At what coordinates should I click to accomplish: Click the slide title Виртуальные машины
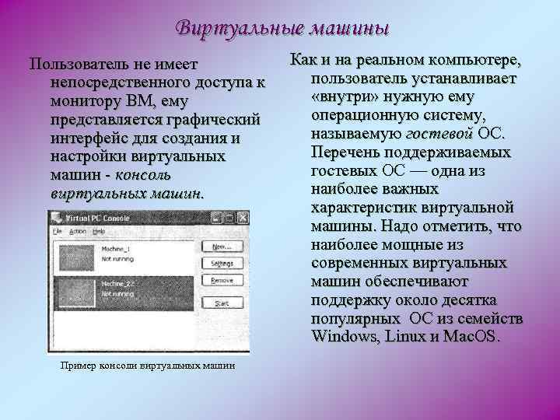point(281,29)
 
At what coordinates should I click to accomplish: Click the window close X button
point(226,219)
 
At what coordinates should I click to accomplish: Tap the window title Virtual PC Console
point(100,219)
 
